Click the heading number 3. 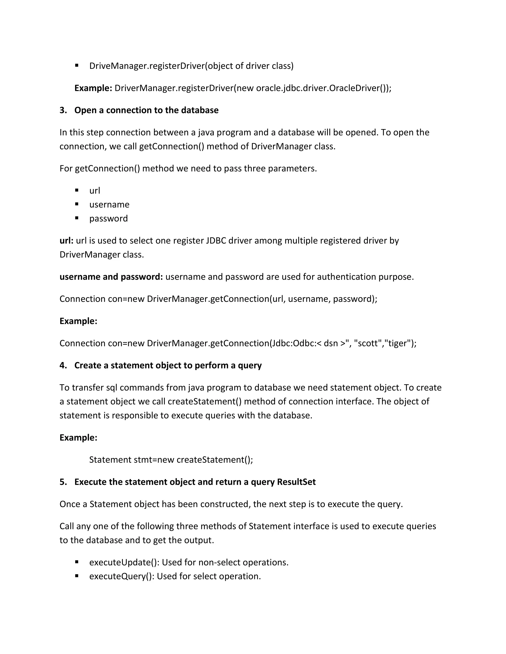[63, 111]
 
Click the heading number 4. [63, 365]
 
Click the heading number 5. [63, 482]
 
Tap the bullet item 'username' [109, 205]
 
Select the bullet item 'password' [108, 219]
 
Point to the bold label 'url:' [66, 241]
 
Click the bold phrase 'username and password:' [111, 277]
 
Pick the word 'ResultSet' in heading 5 [296, 482]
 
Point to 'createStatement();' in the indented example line [215, 460]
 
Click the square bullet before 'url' [77, 190]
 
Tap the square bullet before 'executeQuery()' [77, 576]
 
